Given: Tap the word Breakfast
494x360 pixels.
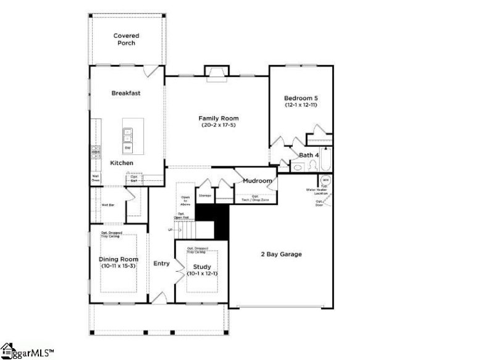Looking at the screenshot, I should (x=126, y=93).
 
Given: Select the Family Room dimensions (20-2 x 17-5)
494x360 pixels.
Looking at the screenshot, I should (x=218, y=125).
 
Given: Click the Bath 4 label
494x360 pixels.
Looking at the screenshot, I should (x=309, y=155).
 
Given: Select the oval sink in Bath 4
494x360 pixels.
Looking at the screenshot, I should (x=297, y=166).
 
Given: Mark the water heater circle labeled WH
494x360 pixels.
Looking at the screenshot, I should (x=325, y=181).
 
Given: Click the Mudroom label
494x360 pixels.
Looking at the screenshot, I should (x=257, y=181).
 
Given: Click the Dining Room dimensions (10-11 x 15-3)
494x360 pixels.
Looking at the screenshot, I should (x=119, y=266).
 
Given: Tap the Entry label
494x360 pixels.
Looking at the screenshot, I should (x=161, y=264).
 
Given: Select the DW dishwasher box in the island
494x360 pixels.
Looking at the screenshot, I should (x=128, y=148).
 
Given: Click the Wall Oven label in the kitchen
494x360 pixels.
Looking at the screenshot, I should (x=96, y=177).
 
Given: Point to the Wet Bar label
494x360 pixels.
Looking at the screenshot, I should (x=107, y=204).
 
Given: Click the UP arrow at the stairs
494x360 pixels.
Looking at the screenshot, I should (x=170, y=230).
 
